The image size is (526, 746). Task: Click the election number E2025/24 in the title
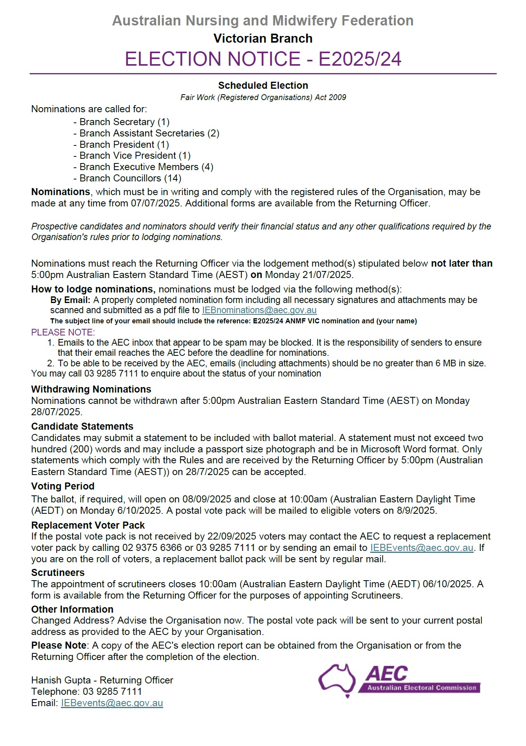pos(360,59)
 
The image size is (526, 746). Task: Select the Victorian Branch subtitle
pos(263,38)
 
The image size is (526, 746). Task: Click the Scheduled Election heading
pos(263,85)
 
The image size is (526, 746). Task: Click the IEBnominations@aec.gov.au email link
pos(259,310)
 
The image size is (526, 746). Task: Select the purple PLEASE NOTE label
pos(63,332)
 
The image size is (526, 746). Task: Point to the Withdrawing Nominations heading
pos(91,389)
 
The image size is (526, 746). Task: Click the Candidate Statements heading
pos(82,426)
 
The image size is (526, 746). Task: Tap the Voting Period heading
pos(63,486)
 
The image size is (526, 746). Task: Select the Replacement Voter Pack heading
pos(88,525)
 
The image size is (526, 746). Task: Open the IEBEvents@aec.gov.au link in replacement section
pos(421,548)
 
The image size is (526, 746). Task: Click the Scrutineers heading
pos(58,572)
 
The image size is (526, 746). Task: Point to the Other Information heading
pos(72,609)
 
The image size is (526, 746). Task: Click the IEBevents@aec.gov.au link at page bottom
pos(112,703)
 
